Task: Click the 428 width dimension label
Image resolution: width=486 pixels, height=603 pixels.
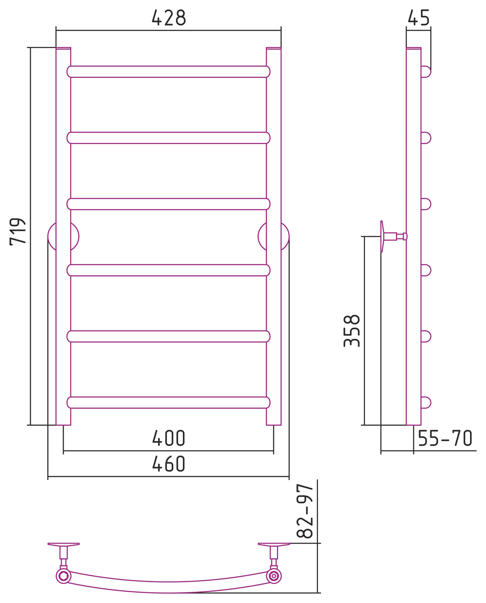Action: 169,17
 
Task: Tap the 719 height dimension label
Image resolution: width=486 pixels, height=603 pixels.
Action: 17,232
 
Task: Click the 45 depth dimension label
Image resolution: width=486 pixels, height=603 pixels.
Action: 419,17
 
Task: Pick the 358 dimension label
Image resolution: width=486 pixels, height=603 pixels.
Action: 352,331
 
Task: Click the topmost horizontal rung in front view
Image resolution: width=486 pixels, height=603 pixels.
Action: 168,72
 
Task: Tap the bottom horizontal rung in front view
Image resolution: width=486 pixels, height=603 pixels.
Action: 168,402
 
